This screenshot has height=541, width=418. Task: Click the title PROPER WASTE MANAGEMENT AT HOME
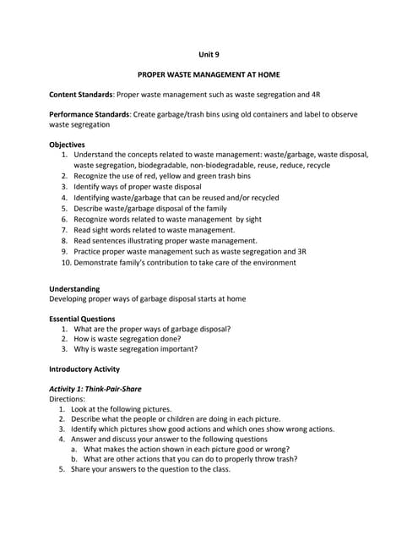click(209, 75)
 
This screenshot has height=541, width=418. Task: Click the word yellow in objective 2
click(185, 176)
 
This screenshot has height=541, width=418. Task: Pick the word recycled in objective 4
click(262, 198)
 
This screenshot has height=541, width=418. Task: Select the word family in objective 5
click(213, 208)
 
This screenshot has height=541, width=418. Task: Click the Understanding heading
click(74, 289)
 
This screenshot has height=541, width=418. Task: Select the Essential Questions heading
click(82, 319)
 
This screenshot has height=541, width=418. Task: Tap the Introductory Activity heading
click(84, 369)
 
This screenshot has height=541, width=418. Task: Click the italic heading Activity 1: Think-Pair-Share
click(95, 389)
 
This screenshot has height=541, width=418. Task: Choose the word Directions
click(67, 398)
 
